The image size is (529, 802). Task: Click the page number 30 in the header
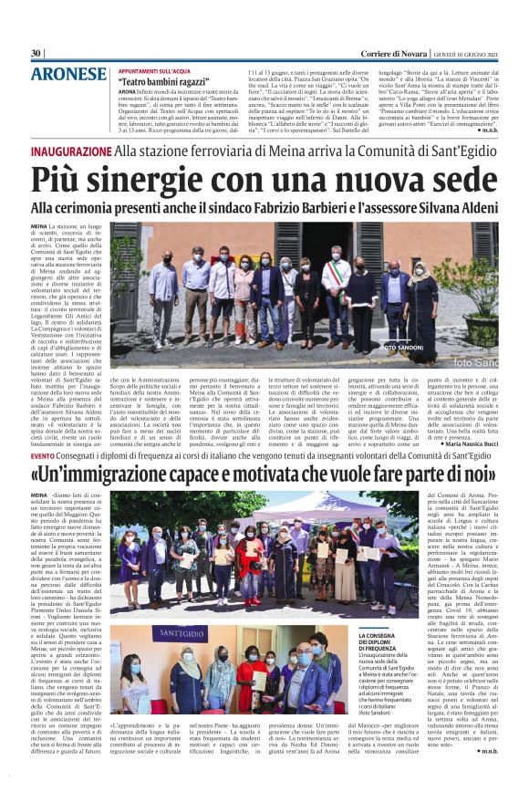[x=36, y=53]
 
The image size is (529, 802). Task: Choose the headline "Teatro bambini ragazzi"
[x=162, y=81]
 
